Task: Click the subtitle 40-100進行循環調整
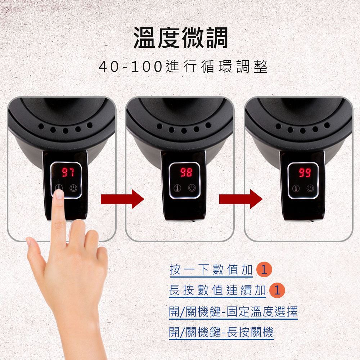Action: pos(183,67)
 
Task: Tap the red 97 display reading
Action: pos(68,172)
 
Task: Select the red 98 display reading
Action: pos(186,172)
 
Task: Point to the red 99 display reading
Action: pos(305,172)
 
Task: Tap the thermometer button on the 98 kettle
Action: pos(177,188)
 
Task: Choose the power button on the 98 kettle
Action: pos(192,188)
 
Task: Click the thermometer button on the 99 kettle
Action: pos(296,189)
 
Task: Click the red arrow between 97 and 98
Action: pos(122,199)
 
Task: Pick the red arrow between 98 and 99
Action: pos(241,199)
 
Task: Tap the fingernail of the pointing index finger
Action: pos(59,194)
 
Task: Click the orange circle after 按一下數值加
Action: pos(264,269)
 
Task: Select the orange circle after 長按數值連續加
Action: pos(277,290)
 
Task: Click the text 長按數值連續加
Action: pos(217,290)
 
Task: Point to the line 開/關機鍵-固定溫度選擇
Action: pos(233,311)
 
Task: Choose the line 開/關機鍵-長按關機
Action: pos(221,332)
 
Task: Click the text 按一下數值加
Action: pos(211,269)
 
